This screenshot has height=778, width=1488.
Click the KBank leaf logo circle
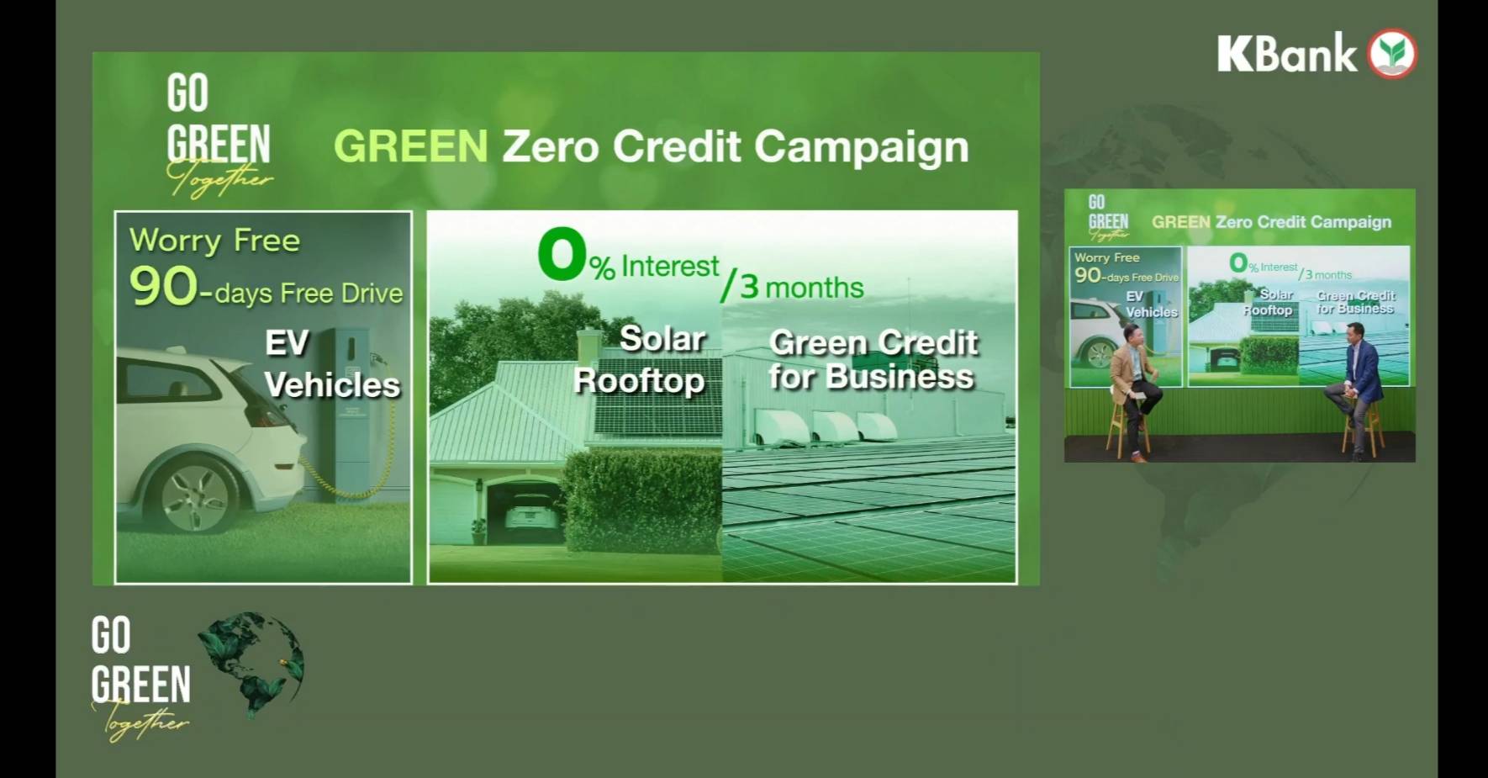click(1392, 53)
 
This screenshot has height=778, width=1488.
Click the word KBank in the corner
click(1287, 54)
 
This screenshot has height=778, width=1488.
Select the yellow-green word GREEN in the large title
click(411, 146)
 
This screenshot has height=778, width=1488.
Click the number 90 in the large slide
click(164, 286)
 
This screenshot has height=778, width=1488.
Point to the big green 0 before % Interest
click(562, 253)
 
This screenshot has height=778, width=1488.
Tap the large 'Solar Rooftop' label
click(641, 359)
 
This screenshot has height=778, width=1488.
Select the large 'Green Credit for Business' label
click(873, 360)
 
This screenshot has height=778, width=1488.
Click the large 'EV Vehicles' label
click(332, 364)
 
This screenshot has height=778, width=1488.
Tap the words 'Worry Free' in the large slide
click(214, 241)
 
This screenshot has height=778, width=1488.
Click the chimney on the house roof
click(589, 347)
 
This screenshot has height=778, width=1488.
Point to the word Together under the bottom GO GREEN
click(140, 722)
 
